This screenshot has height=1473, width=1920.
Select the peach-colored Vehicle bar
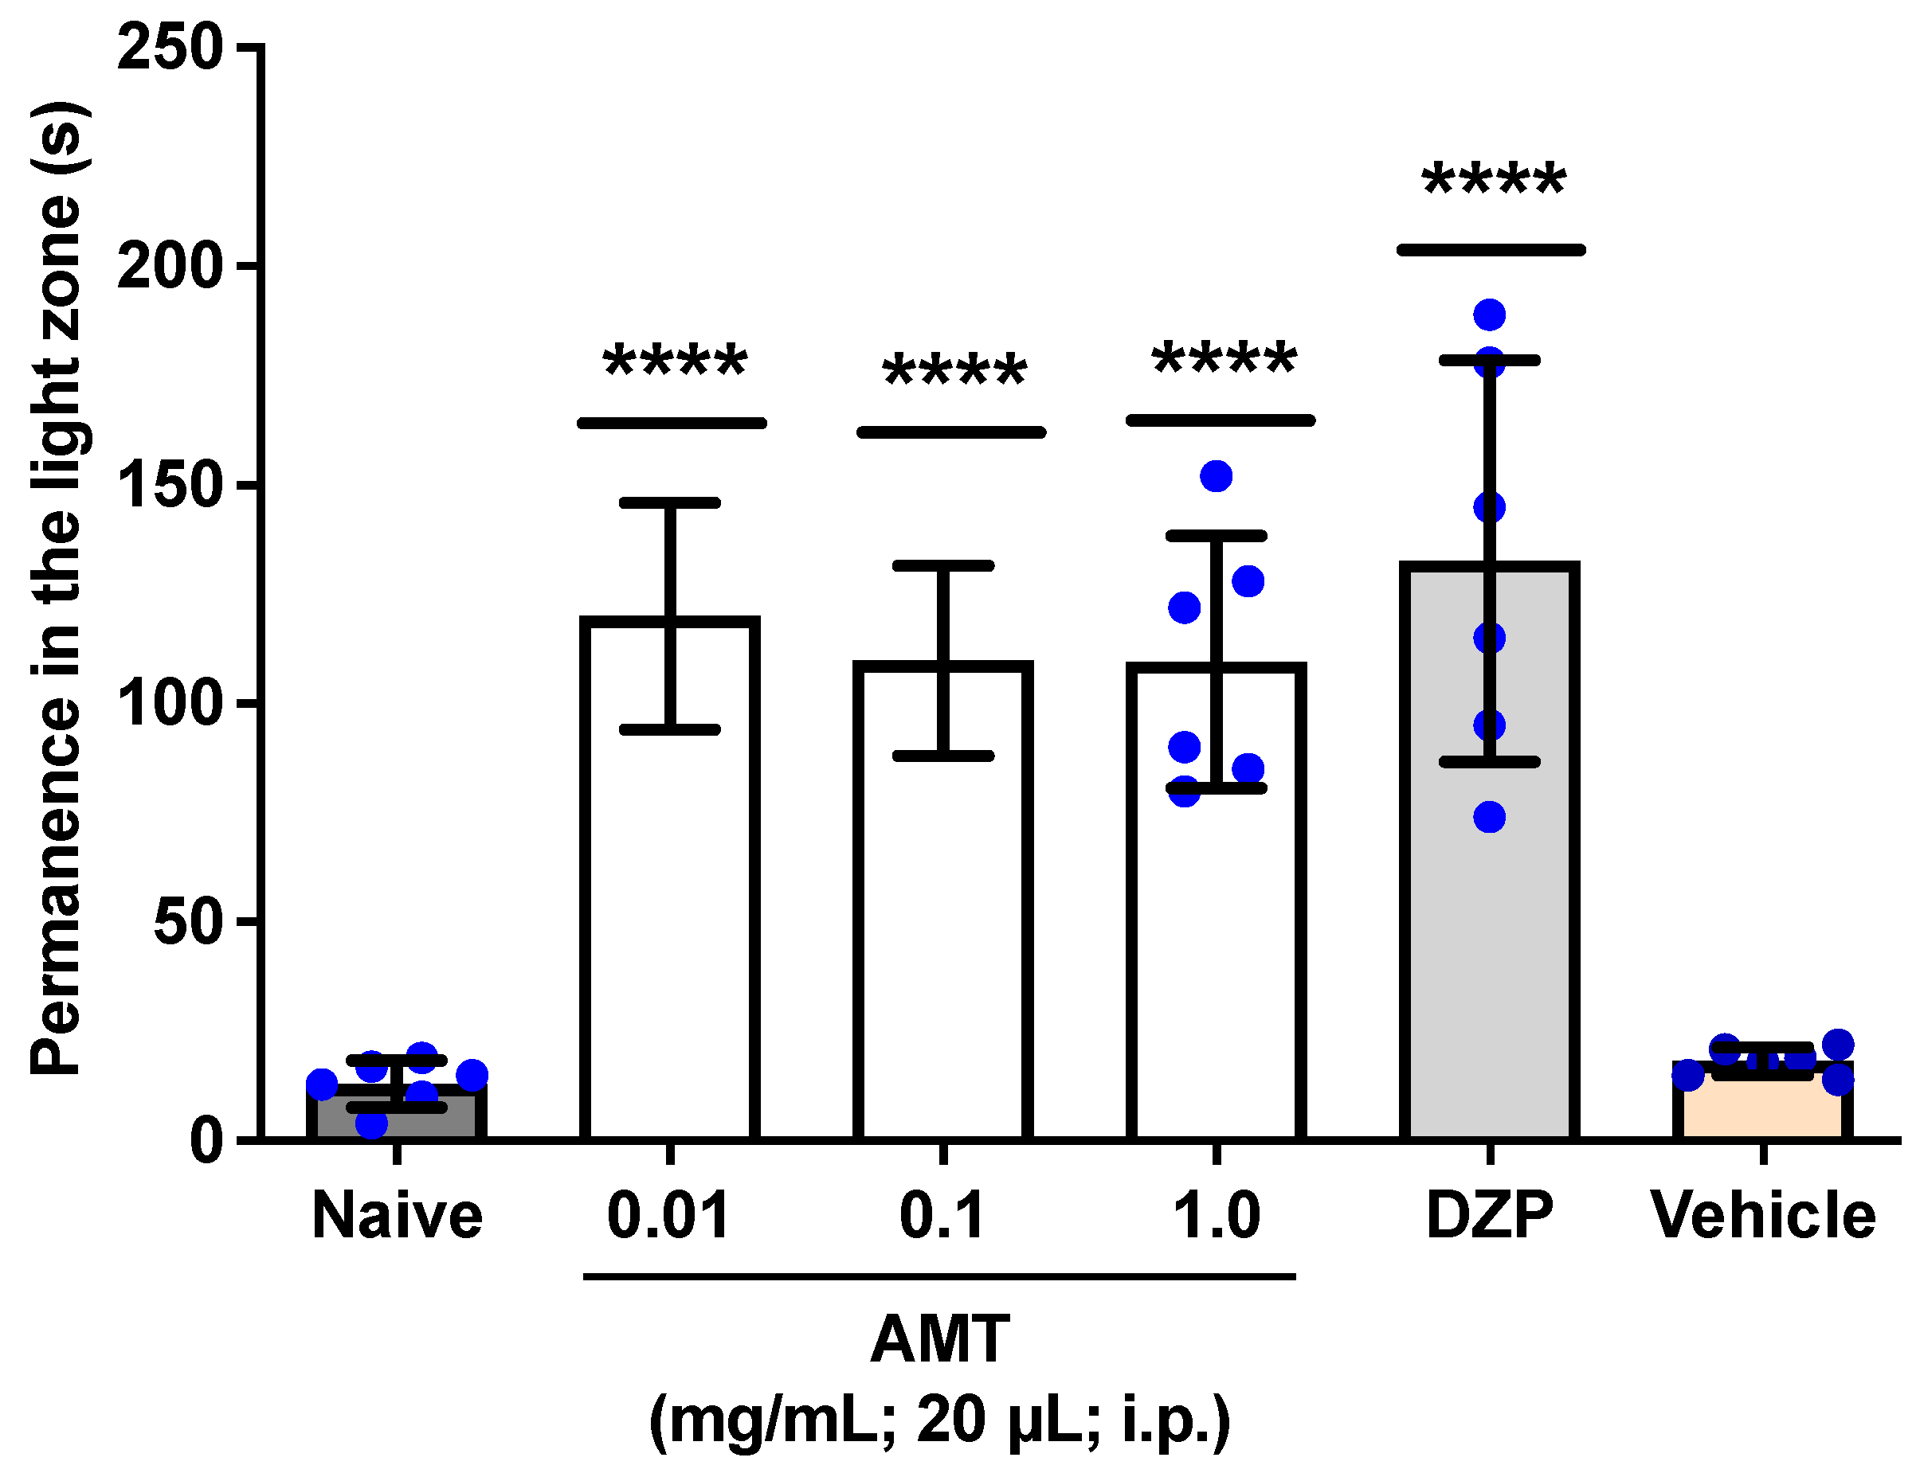pyautogui.click(x=1762, y=1110)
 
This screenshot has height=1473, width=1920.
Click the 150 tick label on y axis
pyautogui.click(x=170, y=485)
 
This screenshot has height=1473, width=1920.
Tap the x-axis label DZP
pyautogui.click(x=1489, y=1216)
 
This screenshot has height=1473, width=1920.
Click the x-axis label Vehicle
pyautogui.click(x=1763, y=1216)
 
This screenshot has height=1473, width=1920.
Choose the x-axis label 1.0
pyautogui.click(x=1217, y=1216)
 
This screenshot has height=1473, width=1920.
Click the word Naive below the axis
pyautogui.click(x=397, y=1216)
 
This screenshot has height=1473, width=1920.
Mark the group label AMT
pyautogui.click(x=940, y=1339)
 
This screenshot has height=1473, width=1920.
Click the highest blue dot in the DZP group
pyautogui.click(x=1489, y=314)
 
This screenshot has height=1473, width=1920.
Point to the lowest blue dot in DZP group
pyautogui.click(x=1489, y=817)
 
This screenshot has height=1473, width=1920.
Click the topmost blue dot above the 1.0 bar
pyautogui.click(x=1216, y=476)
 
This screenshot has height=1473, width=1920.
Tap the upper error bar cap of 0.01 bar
pyautogui.click(x=669, y=502)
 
